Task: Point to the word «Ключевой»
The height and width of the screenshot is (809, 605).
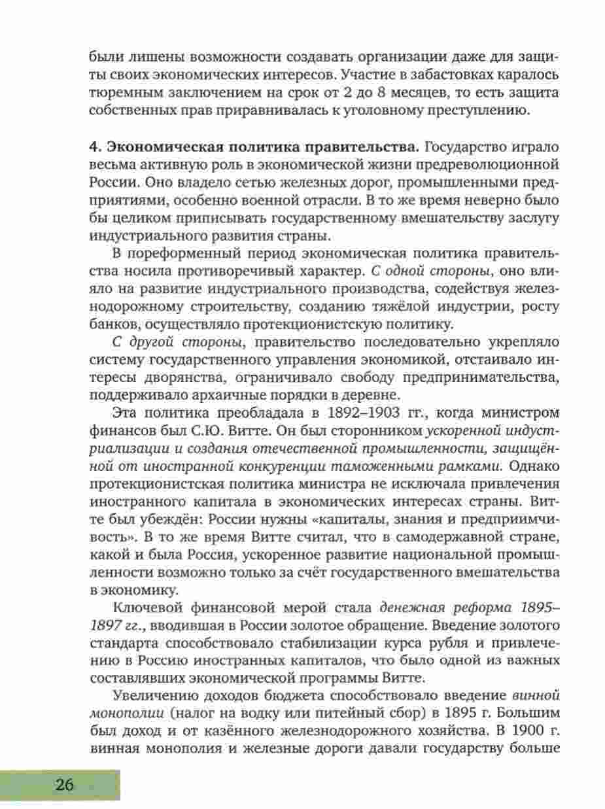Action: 145,591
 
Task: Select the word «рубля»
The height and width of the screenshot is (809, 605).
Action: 447,627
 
